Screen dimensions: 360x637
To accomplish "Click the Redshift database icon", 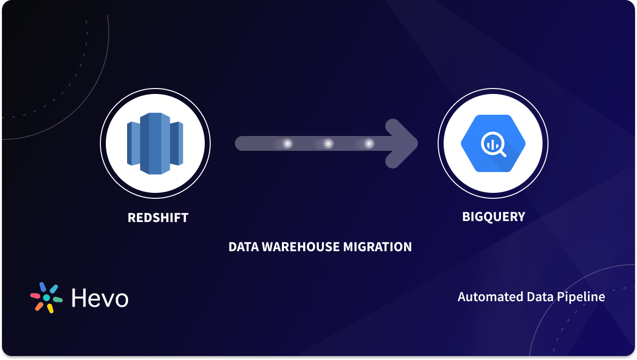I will (155, 144).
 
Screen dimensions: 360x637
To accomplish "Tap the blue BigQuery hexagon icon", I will (493, 143).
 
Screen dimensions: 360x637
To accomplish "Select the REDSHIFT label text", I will (158, 218).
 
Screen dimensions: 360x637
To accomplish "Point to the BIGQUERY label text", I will (493, 217).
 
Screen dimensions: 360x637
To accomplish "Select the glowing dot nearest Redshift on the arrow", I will (287, 143).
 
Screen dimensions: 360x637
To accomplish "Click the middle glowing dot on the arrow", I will (328, 143).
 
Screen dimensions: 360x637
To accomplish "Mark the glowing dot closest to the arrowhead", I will (369, 143).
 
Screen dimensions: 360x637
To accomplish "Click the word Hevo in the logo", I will (100, 298).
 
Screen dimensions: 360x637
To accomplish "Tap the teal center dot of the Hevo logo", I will (46, 298).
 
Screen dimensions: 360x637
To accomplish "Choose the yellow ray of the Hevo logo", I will (50, 309).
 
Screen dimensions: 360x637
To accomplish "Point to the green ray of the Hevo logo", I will (58, 300).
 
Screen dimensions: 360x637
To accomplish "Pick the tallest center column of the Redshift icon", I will (155, 143).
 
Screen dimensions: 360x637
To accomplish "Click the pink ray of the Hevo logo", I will (35, 296).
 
